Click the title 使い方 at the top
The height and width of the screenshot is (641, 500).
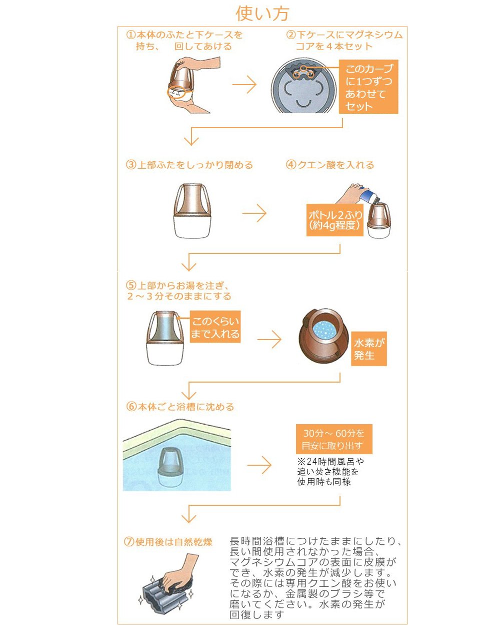point(262,14)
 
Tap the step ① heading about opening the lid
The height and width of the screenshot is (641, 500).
point(184,41)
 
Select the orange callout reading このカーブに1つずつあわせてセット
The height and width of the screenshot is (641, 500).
point(369,88)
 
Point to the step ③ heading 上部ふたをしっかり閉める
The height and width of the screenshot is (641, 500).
point(189,165)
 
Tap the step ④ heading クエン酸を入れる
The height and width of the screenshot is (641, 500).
point(329,165)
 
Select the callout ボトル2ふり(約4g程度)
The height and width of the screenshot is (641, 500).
point(334,220)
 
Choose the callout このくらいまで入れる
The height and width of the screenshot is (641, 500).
point(215,328)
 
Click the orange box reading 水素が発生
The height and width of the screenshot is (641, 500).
point(369,349)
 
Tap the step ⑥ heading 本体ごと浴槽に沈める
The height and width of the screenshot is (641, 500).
point(180,407)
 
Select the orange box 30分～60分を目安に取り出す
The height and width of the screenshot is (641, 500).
point(333,440)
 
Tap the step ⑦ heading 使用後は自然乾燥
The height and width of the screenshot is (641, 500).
point(168,542)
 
